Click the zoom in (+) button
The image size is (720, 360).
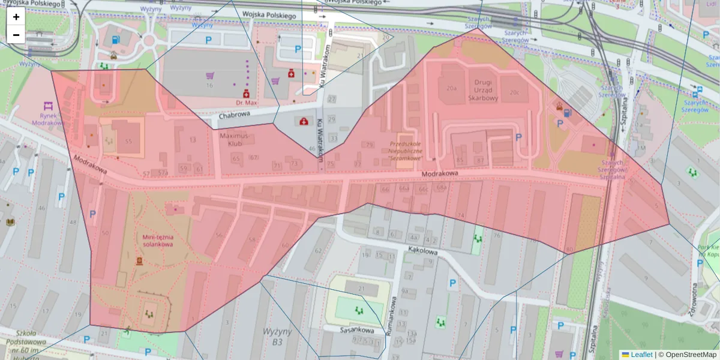[16, 17]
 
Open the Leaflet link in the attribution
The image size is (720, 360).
[641, 355]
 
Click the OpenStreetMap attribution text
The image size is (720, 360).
[687, 355]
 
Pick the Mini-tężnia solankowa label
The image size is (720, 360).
[158, 240]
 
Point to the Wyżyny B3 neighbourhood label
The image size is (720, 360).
[277, 336]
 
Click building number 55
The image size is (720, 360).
[128, 140]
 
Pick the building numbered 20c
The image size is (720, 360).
[514, 92]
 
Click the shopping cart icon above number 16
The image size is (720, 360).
[210, 76]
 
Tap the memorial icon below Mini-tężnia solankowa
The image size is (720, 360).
[140, 261]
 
